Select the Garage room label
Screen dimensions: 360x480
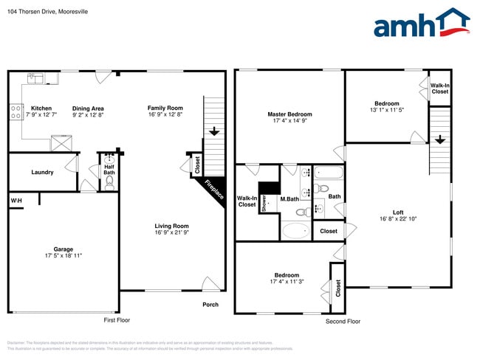click(x=63, y=249)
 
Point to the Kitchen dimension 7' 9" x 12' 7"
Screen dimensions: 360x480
click(x=41, y=115)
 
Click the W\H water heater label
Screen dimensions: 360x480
click(x=16, y=201)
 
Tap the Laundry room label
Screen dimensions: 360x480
click(x=42, y=173)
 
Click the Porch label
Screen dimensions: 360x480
click(x=210, y=305)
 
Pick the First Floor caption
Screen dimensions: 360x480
click(x=117, y=321)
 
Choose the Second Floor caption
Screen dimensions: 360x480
click(x=343, y=321)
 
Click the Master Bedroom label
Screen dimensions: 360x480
click(x=289, y=114)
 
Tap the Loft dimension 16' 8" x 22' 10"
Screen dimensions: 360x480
click(x=397, y=218)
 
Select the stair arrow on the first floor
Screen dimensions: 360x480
click(x=213, y=132)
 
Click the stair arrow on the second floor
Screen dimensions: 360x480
click(x=439, y=139)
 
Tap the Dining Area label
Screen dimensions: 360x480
click(x=88, y=108)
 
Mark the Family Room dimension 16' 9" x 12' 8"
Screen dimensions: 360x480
click(x=165, y=115)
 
